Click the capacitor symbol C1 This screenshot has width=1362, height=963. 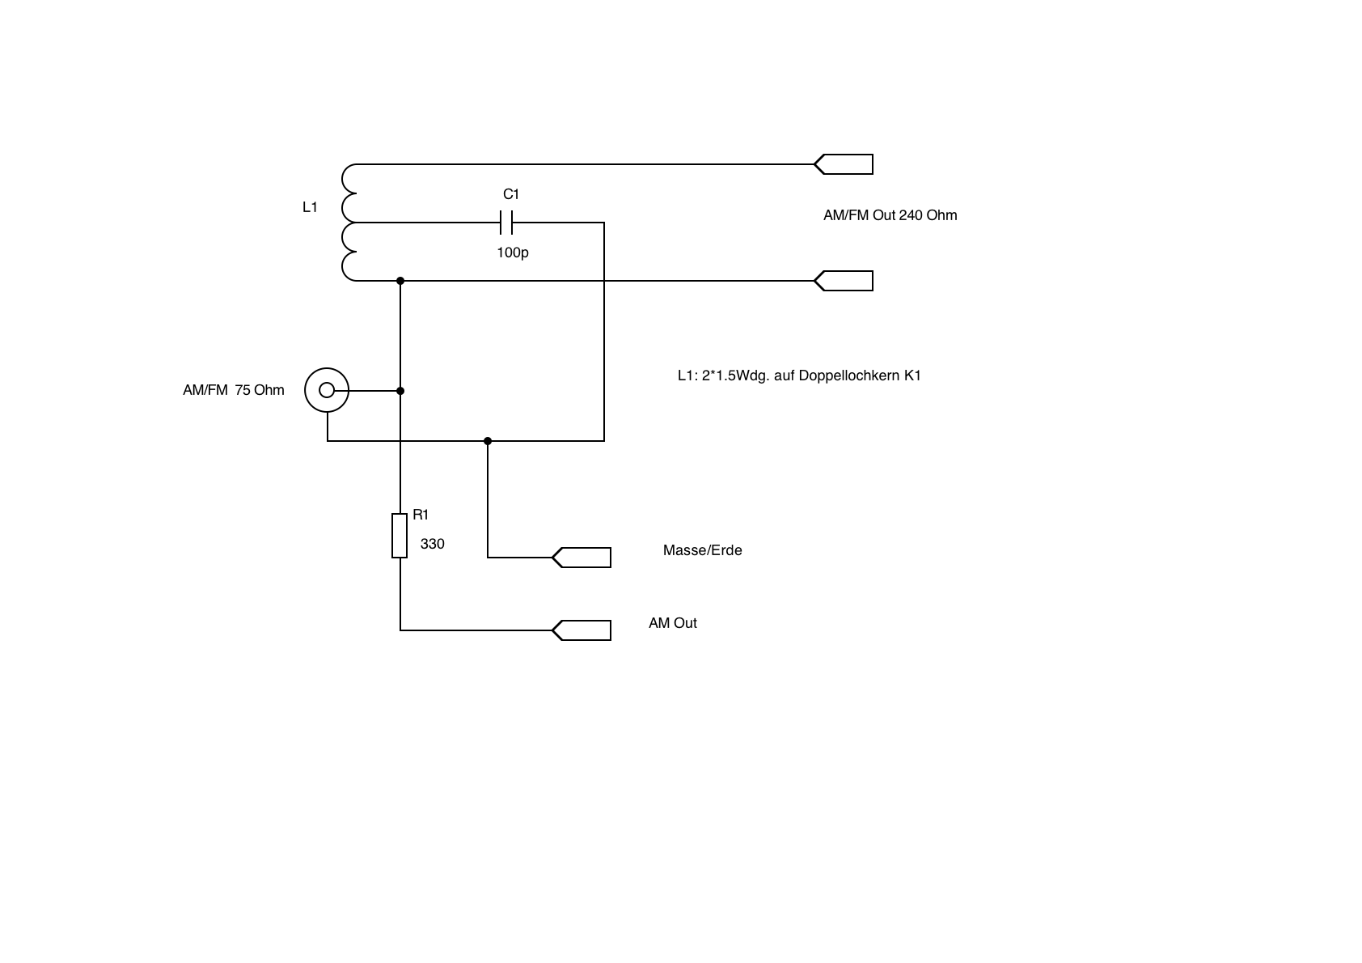click(x=506, y=222)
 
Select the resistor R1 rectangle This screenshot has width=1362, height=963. click(x=400, y=535)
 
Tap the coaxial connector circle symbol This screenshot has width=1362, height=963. click(x=327, y=391)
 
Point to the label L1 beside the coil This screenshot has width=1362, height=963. click(x=310, y=207)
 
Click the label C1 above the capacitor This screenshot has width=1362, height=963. click(x=511, y=194)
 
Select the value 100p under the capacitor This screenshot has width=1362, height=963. click(x=513, y=252)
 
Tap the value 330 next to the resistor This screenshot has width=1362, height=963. click(x=433, y=544)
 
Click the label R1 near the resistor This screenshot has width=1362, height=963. click(x=421, y=515)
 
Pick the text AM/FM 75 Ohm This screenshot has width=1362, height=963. click(x=234, y=390)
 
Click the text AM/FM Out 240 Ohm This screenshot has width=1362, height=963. click(x=890, y=215)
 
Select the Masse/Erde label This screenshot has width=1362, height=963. click(x=702, y=550)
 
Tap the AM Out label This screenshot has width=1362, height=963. click(x=672, y=623)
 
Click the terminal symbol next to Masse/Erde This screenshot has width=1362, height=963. click(x=582, y=558)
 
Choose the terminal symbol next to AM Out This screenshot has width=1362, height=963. click(x=582, y=630)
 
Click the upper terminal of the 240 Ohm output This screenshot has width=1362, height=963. click(x=844, y=164)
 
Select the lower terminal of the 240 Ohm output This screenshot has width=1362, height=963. click(x=844, y=281)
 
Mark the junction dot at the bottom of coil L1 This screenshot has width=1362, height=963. click(x=400, y=281)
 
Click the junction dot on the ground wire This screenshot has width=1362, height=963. click(x=488, y=441)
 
